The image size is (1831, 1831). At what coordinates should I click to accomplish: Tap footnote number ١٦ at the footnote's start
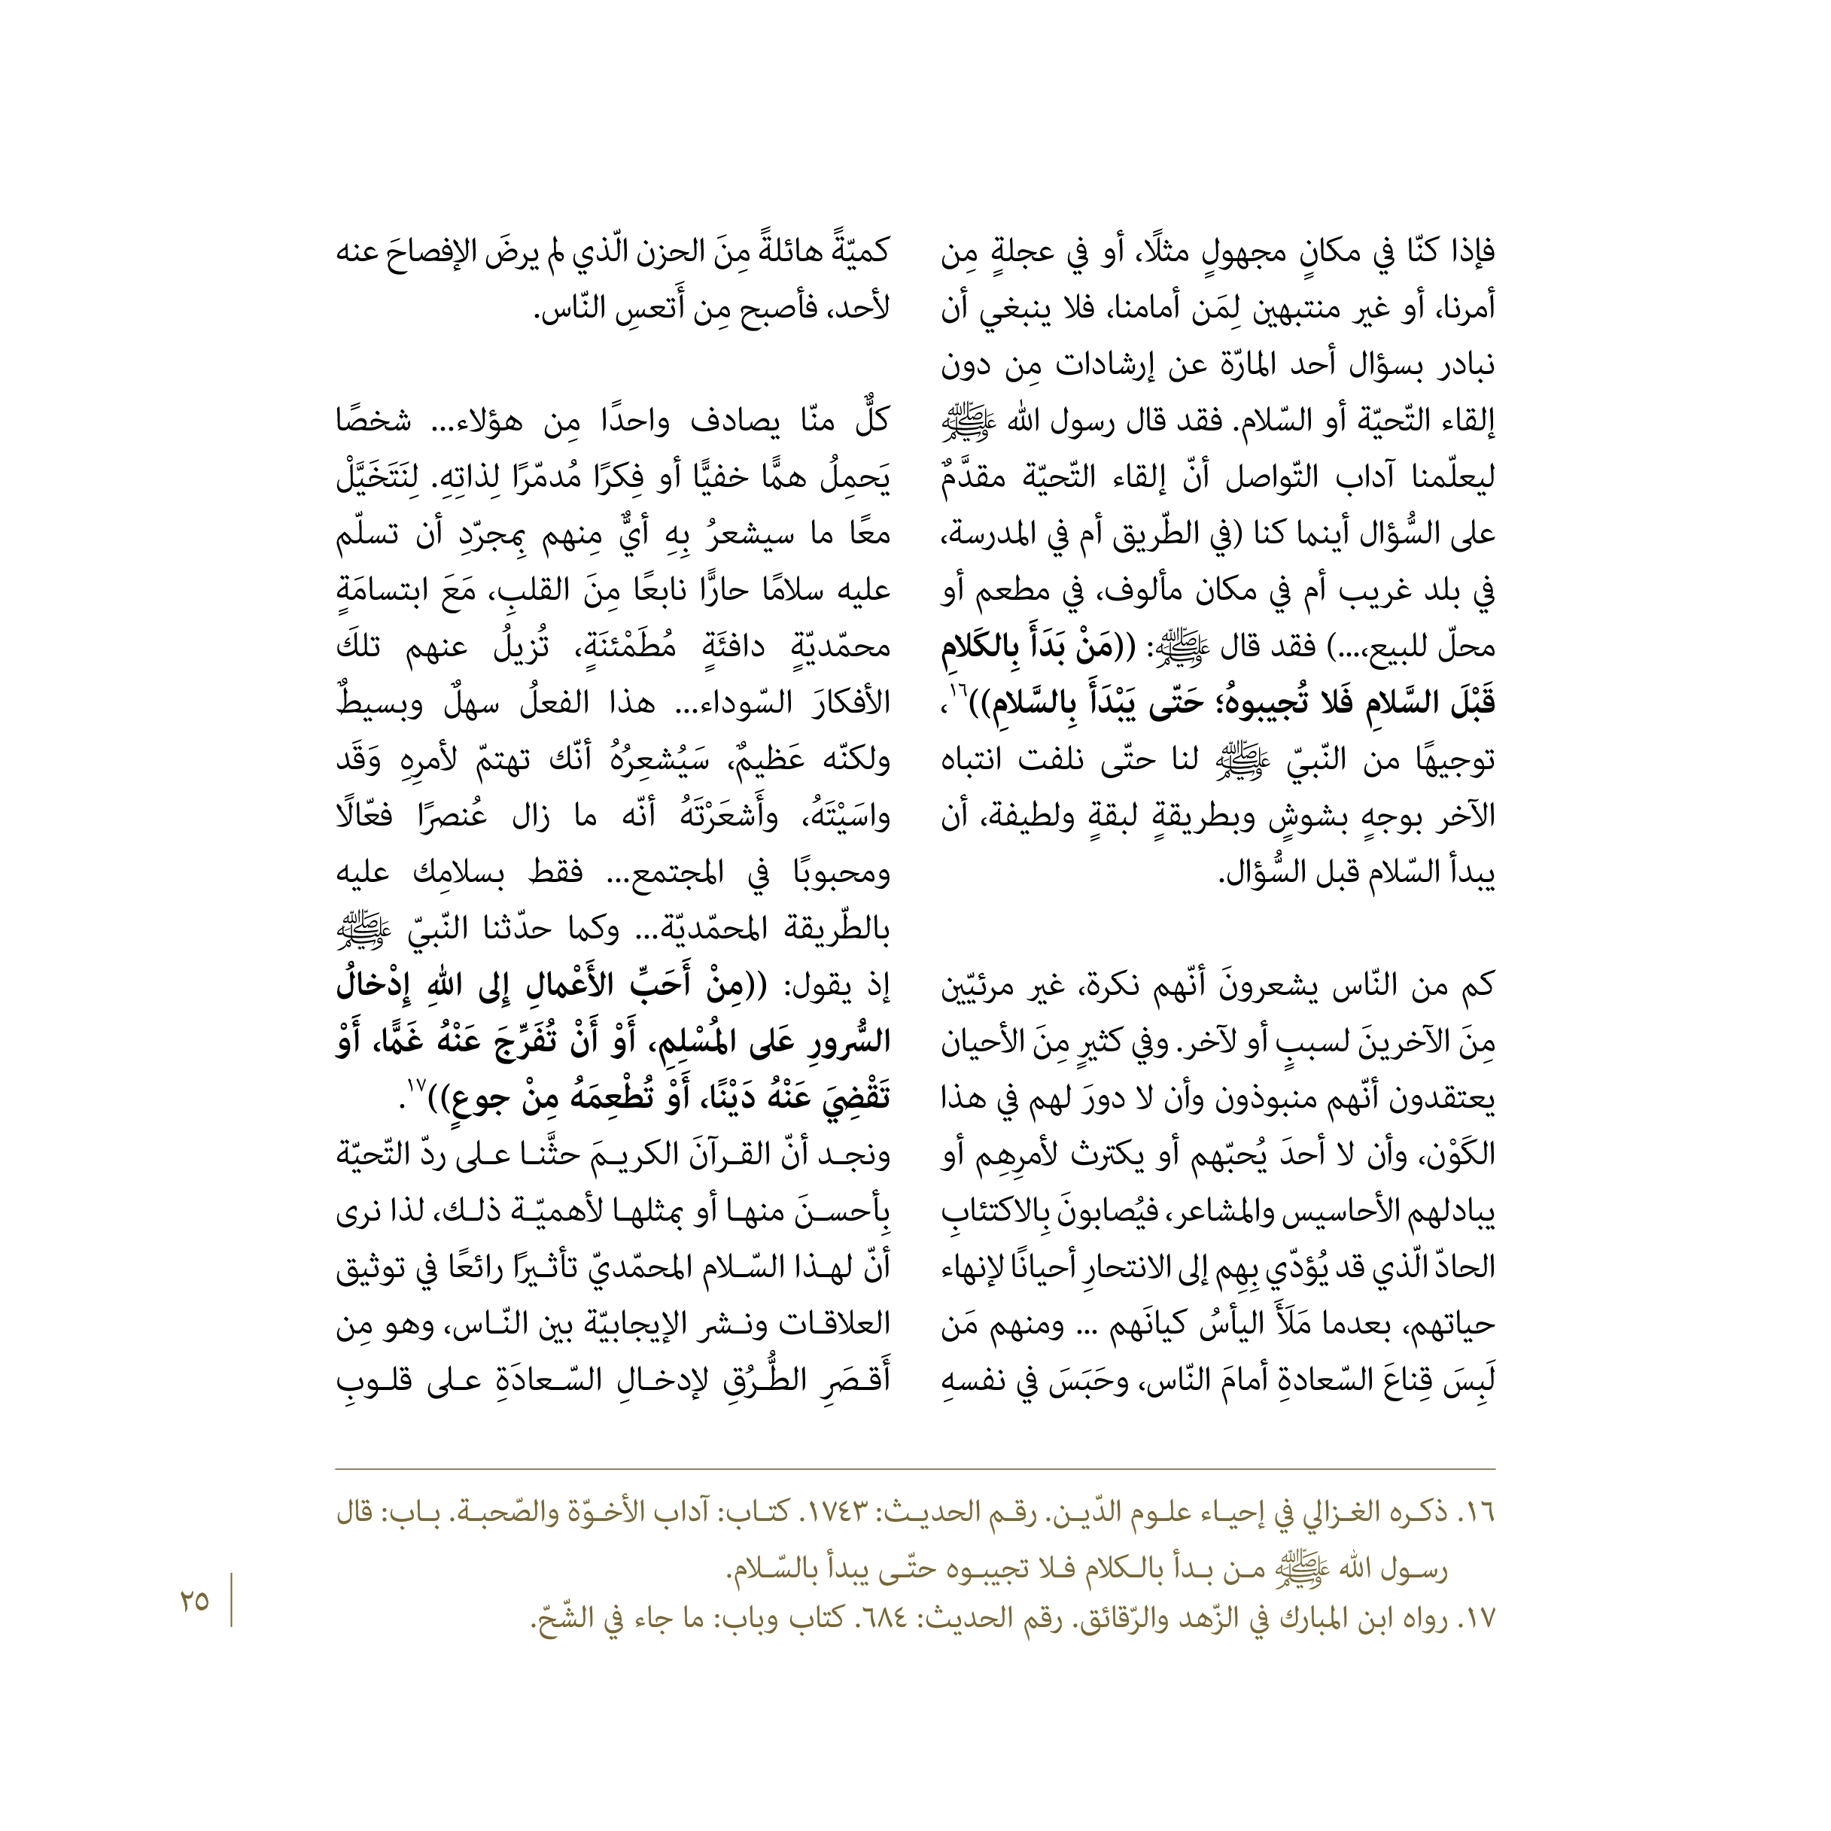point(1477,1513)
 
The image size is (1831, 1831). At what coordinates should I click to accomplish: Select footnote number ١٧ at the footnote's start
point(1477,1620)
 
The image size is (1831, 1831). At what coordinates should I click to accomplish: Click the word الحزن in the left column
point(646,254)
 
